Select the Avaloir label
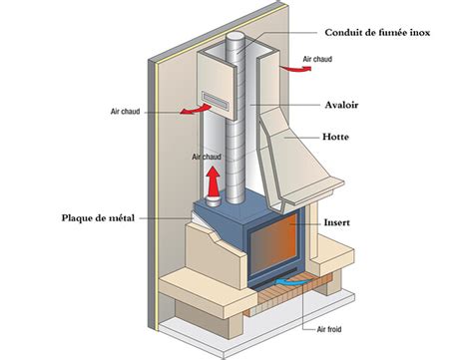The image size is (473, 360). coord(343,104)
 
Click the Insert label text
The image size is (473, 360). coord(343,226)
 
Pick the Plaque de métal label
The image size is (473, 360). coord(98,217)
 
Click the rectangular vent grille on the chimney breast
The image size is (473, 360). coord(217,99)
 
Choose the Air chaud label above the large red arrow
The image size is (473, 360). coord(206,157)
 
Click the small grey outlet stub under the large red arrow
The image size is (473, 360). coord(212,205)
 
